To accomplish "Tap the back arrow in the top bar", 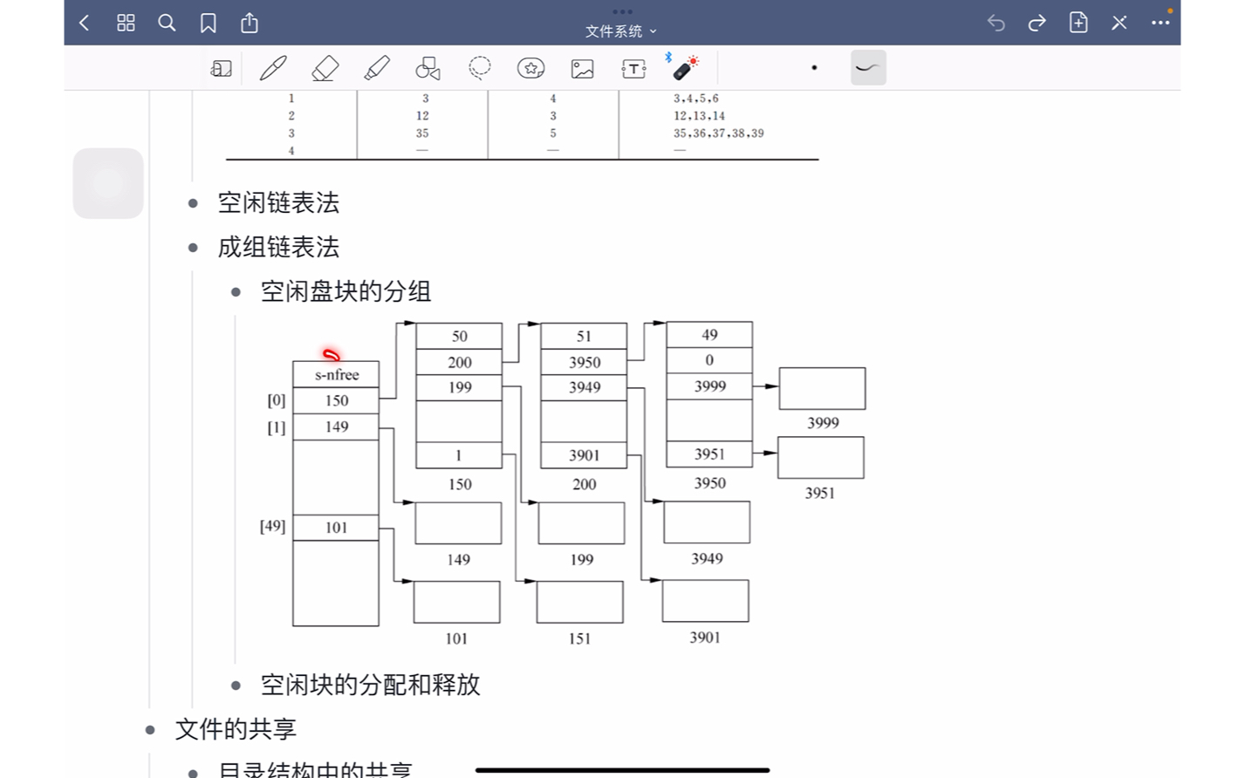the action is pos(85,24).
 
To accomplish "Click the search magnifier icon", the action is pos(167,24).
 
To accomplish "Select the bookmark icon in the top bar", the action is pos(208,24).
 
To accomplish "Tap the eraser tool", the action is pos(325,68).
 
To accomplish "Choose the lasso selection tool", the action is pos(479,68).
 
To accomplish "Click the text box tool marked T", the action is pos(633,68).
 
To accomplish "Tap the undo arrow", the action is pos(995,24).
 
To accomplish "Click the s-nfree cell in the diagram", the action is pos(336,375).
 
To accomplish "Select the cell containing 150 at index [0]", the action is pos(336,401).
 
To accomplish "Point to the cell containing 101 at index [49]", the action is pos(336,528).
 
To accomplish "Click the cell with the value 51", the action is pos(584,337).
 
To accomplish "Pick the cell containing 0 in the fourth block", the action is pos(709,360).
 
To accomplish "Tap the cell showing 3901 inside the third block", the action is pos(584,455).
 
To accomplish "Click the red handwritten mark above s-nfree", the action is pos(332,355).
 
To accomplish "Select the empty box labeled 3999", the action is pos(822,389).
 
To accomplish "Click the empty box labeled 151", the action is pos(580,602).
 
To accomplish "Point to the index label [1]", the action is pos(276,427).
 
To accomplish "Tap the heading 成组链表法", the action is pos(278,248).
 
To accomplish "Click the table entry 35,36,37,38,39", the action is pos(718,133).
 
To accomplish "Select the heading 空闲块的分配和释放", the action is pos(370,686).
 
